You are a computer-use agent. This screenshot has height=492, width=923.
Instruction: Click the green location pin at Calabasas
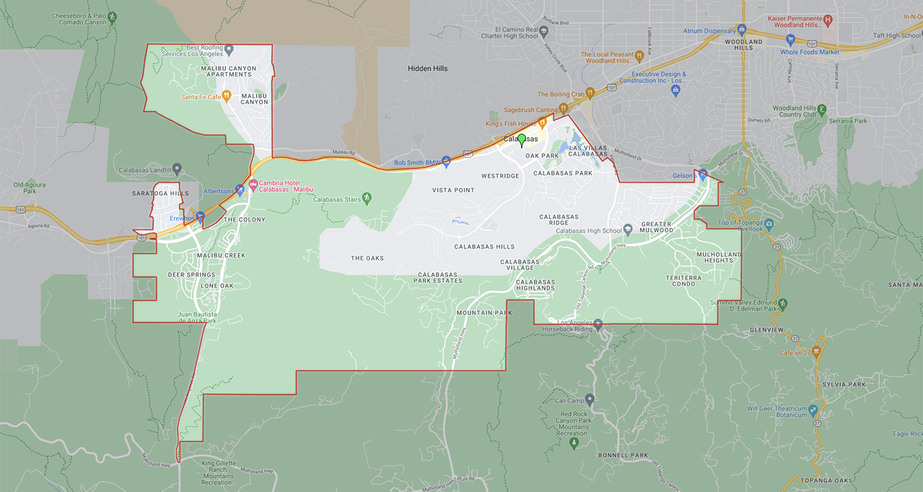pos(522,140)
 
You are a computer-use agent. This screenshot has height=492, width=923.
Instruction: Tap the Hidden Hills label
pos(428,68)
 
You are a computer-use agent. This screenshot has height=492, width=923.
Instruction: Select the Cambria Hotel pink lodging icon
pos(252,183)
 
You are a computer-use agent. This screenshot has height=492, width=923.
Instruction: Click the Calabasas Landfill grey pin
pos(177,167)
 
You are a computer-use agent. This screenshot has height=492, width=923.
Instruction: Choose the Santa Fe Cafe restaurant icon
pos(227,95)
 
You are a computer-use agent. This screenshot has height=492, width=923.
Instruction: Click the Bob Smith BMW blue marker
pos(447,161)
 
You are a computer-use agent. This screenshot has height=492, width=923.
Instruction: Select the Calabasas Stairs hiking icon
pos(367,197)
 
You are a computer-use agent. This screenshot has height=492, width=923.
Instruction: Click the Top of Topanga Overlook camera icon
pos(769,223)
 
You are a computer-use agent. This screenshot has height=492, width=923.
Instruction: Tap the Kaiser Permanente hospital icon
pos(828,20)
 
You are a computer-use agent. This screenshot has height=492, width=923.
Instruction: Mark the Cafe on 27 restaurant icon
pos(817,351)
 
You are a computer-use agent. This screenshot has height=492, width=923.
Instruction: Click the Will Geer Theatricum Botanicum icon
pos(813,409)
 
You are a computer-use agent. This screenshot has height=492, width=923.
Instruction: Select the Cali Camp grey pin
pos(589,399)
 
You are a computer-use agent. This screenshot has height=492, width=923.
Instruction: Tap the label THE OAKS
pos(367,258)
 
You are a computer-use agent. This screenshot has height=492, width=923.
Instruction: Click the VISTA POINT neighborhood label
pos(453,190)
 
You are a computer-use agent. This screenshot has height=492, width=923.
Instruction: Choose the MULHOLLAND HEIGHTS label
pos(718,257)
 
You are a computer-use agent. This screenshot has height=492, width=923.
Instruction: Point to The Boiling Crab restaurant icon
pos(589,93)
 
